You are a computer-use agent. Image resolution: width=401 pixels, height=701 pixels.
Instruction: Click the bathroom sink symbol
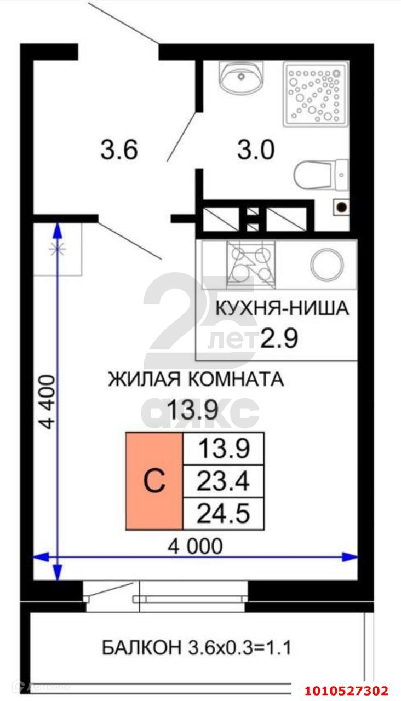tap(241, 76)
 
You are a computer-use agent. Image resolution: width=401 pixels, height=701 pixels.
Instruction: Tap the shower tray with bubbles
tap(316, 94)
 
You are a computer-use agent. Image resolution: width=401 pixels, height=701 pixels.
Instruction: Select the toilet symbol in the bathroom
tap(321, 176)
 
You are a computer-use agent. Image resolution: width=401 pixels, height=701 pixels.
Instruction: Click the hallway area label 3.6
tap(119, 150)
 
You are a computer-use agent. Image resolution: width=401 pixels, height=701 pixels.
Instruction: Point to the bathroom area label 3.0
tap(256, 150)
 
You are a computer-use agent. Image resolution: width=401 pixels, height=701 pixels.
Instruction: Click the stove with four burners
tap(251, 265)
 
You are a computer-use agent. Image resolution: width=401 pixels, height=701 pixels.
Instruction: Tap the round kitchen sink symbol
tap(327, 265)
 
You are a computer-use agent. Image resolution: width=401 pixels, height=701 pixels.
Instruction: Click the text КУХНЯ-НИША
tap(282, 308)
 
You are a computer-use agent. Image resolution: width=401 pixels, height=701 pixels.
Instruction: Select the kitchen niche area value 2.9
tap(279, 338)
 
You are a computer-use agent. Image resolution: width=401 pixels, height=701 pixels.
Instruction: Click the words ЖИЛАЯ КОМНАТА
tap(196, 379)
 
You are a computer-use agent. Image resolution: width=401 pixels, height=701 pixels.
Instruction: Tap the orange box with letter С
tap(154, 481)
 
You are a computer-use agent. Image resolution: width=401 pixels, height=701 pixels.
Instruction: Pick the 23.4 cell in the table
tap(223, 481)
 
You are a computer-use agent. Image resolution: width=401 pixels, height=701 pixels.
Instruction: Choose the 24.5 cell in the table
tap(223, 514)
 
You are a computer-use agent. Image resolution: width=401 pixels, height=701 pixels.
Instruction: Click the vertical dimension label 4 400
tap(48, 402)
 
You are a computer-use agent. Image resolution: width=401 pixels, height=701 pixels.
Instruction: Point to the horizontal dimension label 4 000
tap(195, 546)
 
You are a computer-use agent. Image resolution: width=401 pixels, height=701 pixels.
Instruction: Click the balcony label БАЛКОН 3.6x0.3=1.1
tap(197, 647)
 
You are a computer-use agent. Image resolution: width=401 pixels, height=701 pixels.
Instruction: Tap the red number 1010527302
tap(347, 689)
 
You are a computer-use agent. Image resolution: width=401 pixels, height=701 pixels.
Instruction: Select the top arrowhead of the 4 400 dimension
tap(58, 230)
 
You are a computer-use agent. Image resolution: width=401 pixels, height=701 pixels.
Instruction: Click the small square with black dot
tap(341, 207)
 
